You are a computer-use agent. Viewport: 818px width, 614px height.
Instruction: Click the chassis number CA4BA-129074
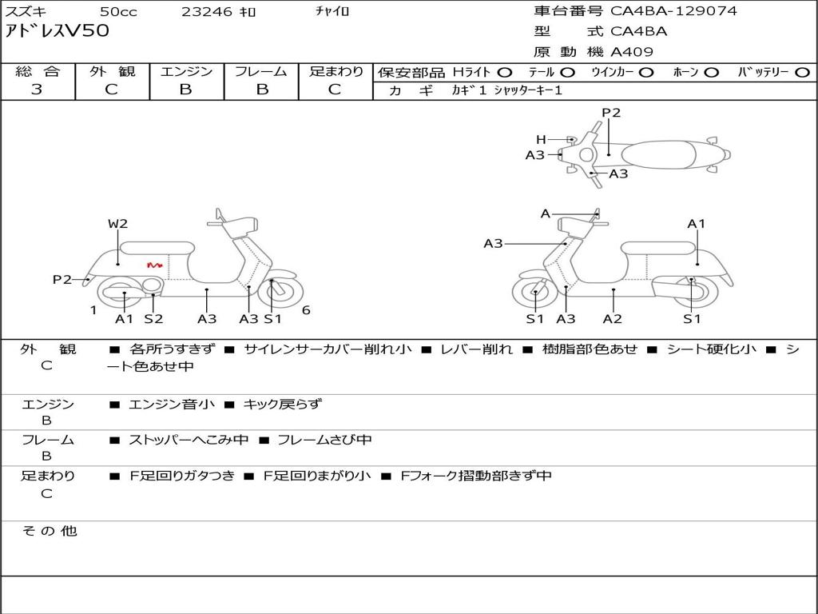coord(673,11)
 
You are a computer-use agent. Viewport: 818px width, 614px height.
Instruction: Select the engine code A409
coord(632,52)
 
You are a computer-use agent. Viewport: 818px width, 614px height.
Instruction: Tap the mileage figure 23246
coord(207,11)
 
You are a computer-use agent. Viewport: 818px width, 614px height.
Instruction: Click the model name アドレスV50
coord(57,30)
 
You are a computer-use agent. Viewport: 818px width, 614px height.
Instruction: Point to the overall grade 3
coord(37,89)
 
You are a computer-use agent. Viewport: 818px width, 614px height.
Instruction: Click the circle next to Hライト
coord(505,73)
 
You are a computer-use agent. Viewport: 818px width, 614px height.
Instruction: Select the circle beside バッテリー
coord(802,73)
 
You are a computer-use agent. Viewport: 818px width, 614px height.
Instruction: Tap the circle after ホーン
coord(711,73)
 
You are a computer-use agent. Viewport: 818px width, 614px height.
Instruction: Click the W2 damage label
coord(118,224)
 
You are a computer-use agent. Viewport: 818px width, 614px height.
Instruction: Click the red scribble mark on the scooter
coord(154,265)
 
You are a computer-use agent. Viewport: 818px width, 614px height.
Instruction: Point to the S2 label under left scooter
coord(154,318)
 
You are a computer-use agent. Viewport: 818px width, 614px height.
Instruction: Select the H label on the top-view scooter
coord(541,139)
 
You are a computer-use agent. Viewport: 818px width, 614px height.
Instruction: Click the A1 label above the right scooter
coord(696,224)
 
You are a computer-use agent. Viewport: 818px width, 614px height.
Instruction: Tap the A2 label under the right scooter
coord(613,318)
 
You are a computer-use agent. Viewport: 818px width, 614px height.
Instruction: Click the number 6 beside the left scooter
coord(306,310)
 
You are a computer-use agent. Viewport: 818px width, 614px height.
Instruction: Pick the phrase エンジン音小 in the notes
coord(172,404)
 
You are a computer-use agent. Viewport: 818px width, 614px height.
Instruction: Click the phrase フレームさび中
coord(324,440)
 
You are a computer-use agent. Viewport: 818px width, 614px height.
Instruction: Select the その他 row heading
coord(49,531)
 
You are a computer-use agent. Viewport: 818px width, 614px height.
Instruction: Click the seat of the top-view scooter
coord(659,155)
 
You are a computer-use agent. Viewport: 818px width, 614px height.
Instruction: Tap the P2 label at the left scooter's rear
coord(62,279)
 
